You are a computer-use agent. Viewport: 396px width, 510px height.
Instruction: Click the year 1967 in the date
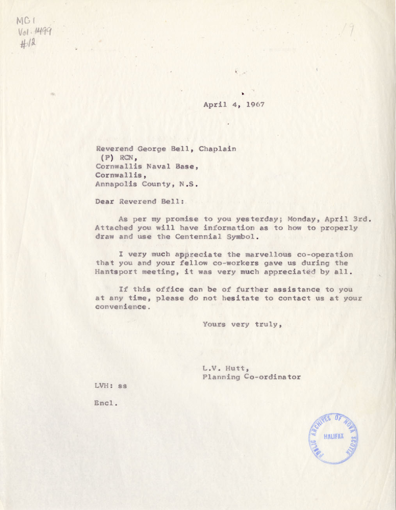click(x=256, y=105)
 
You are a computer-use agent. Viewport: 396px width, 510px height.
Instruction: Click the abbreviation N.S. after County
click(x=189, y=184)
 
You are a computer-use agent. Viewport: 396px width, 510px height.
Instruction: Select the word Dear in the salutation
click(x=105, y=202)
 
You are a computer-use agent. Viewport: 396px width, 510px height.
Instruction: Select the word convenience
click(x=121, y=307)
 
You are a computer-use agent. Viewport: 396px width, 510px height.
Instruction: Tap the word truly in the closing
click(x=268, y=325)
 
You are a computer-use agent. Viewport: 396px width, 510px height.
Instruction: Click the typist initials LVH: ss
click(x=111, y=386)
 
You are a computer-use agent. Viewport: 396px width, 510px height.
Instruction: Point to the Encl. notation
click(x=106, y=403)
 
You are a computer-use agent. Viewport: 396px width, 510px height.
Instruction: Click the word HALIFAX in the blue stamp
click(x=334, y=436)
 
